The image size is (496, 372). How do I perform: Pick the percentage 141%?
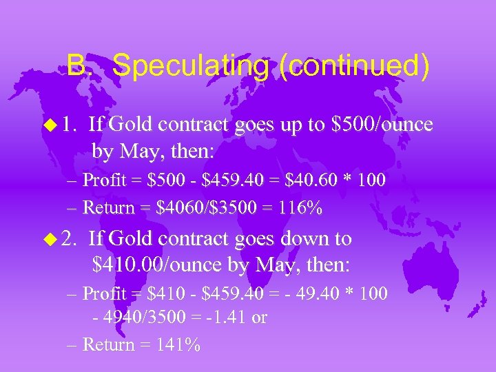177,344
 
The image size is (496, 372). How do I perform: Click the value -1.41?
227,318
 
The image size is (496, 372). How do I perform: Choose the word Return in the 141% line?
106,344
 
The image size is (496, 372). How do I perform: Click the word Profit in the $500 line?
103,180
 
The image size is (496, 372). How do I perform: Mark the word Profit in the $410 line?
103,294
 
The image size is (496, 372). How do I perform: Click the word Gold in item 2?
132,239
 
